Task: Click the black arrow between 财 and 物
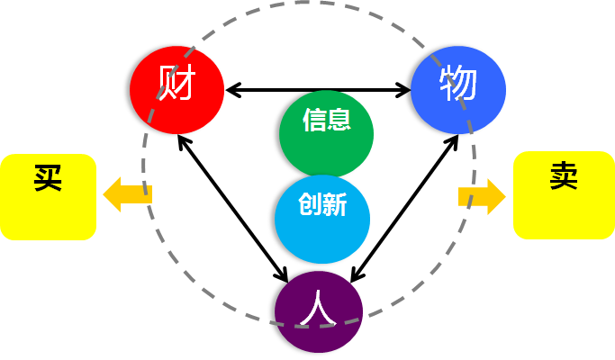[317, 89]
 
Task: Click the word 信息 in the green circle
[326, 120]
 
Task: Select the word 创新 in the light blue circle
[322, 203]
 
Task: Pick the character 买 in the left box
[47, 177]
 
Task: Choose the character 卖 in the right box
[563, 176]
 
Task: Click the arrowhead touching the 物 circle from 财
[404, 89]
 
